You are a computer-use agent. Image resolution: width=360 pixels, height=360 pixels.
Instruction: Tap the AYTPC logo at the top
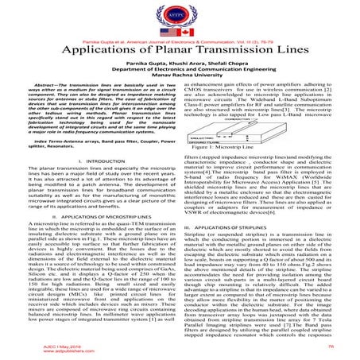(x=180, y=15)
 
